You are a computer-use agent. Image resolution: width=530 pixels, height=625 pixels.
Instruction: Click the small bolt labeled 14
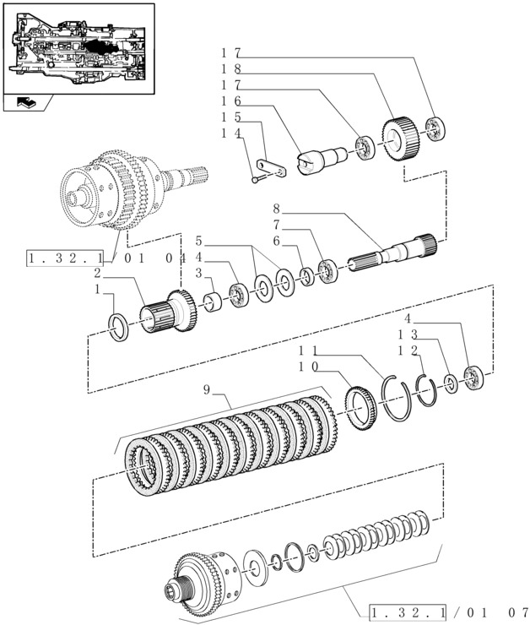coord(257,177)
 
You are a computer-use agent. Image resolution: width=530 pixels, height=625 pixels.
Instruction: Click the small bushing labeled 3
coord(214,300)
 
